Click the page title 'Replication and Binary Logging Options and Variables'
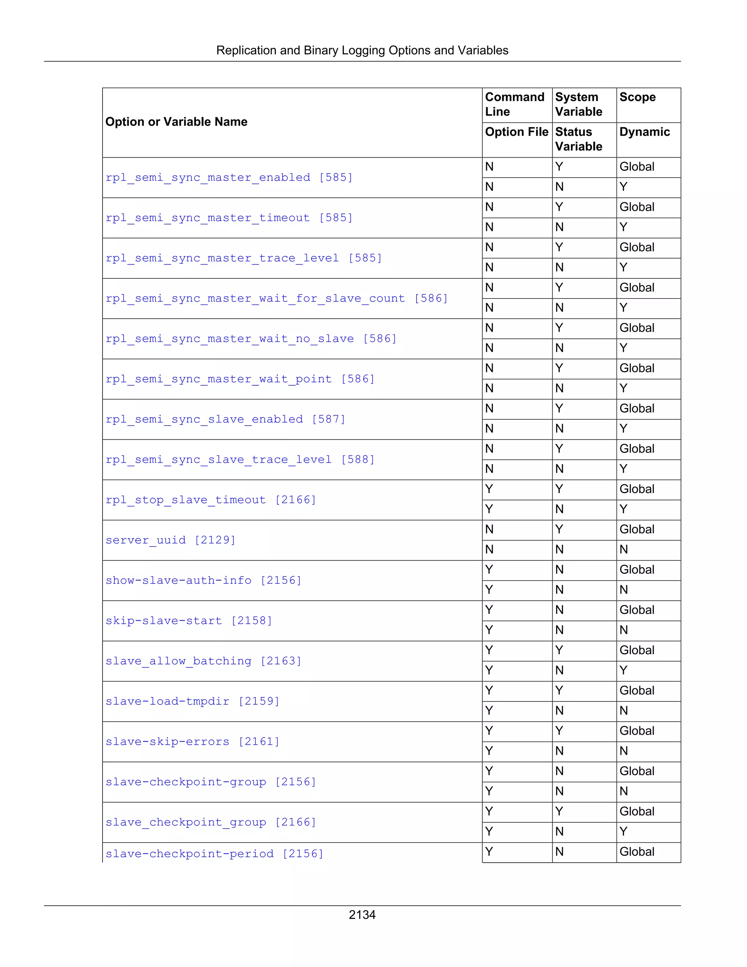362,50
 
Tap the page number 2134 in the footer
362,915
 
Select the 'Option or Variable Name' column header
176,122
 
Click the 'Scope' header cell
637,97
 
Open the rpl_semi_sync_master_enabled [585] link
229,178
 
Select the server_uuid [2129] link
170,540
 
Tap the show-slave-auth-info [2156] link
203,581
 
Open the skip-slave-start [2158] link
189,621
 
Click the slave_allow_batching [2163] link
203,661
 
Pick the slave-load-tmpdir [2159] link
193,701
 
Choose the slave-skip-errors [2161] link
193,741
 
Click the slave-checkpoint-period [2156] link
214,854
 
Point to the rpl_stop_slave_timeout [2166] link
211,500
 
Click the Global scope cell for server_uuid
637,529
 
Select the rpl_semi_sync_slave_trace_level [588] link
240,459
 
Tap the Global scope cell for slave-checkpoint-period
637,852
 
